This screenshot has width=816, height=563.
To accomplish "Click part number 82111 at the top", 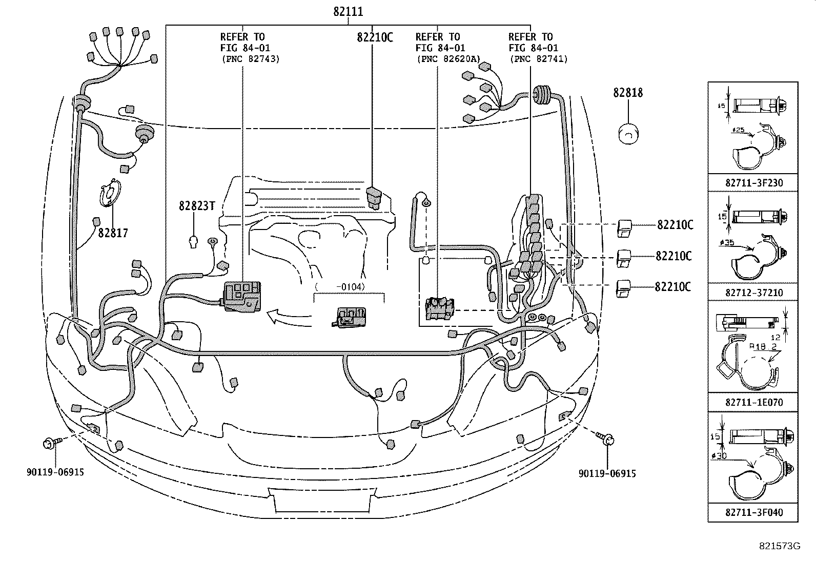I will click(x=348, y=11).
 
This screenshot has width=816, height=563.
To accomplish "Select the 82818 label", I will click(x=628, y=93).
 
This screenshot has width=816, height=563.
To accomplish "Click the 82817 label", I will click(x=113, y=233).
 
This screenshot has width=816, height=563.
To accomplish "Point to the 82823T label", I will click(x=196, y=205).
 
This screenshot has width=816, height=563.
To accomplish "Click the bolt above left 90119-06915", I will click(x=52, y=441).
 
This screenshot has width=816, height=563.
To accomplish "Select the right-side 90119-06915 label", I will click(x=607, y=474).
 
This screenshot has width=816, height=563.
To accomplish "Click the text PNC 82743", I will click(x=250, y=59).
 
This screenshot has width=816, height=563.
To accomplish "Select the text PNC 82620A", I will click(x=447, y=59).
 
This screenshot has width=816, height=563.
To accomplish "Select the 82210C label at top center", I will click(x=375, y=37).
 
